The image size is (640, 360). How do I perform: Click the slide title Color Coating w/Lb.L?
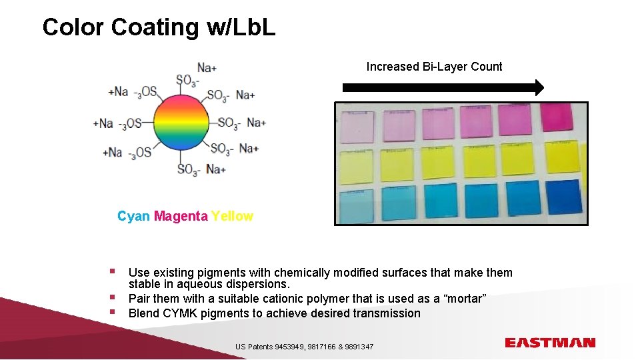tap(159, 27)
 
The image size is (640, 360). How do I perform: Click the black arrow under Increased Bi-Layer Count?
tap(443, 87)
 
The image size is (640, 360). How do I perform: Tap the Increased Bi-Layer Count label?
tap(434, 67)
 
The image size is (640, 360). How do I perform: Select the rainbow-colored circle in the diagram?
tap(181, 123)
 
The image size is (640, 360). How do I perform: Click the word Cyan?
tap(133, 216)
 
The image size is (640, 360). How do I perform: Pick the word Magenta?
tap(181, 216)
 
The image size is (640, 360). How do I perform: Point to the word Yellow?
tap(232, 216)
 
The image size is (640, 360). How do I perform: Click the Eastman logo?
tap(550, 343)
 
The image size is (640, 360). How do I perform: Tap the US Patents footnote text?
tap(304, 347)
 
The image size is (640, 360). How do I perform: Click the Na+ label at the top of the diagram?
tap(207, 67)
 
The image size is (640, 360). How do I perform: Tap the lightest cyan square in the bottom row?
tap(356, 205)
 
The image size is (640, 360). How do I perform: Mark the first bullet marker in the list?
tap(113, 271)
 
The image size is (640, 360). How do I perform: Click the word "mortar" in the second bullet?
tap(467, 298)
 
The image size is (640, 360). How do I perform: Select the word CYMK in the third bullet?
tap(180, 313)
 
